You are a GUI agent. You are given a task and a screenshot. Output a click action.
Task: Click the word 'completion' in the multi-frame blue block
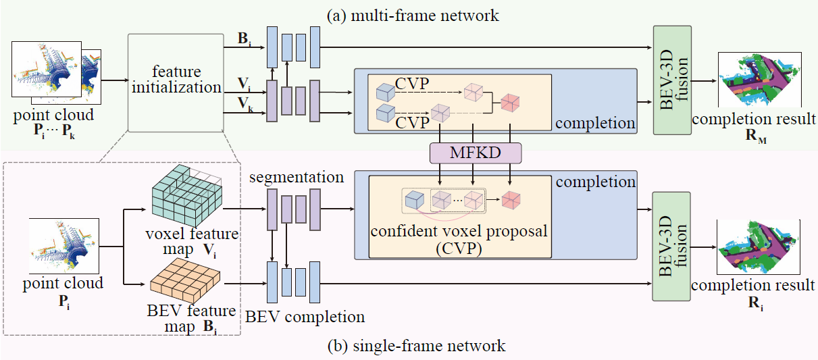click(x=595, y=124)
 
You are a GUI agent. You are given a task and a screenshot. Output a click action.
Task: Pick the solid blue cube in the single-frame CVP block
click(x=413, y=200)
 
